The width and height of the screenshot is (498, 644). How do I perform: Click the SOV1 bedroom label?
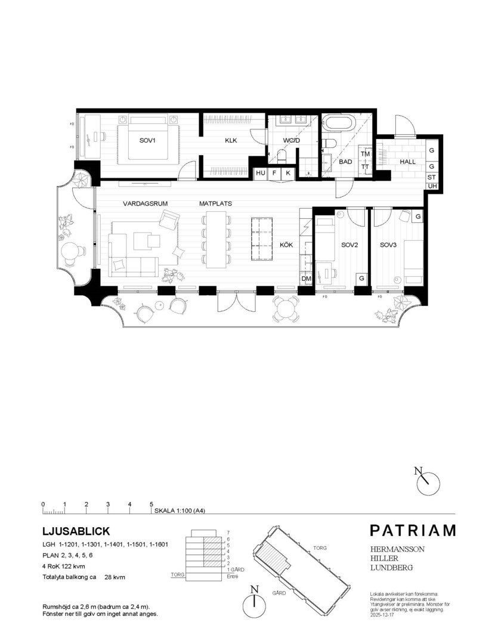(x=147, y=141)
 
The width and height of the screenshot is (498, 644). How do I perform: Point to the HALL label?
(x=408, y=162)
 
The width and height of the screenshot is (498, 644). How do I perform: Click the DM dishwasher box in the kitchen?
(x=307, y=278)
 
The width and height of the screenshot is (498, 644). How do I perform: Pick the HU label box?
(x=261, y=173)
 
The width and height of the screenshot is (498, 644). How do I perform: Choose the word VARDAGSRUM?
(x=144, y=203)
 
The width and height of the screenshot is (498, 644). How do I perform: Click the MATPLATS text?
(x=215, y=203)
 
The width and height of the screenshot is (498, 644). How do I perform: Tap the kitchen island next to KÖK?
(x=262, y=239)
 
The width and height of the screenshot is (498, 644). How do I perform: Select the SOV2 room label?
(x=349, y=245)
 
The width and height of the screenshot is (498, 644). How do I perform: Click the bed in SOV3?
(x=414, y=262)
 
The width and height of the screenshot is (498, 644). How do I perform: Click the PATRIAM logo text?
(x=412, y=530)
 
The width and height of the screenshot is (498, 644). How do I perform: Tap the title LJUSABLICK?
(x=76, y=531)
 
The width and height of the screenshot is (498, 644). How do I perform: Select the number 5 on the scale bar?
(x=151, y=504)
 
